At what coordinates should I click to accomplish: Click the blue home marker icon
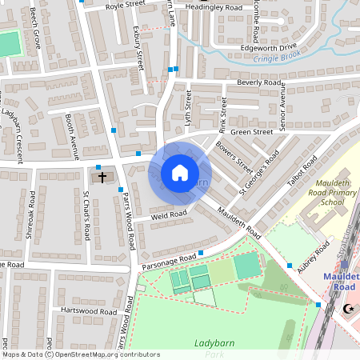pyautogui.click(x=180, y=173)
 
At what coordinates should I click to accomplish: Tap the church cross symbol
pyautogui.click(x=102, y=176)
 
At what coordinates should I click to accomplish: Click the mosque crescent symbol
pyautogui.click(x=347, y=308)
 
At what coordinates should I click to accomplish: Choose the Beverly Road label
pyautogui.click(x=258, y=82)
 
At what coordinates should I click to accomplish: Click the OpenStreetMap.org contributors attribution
pyautogui.click(x=106, y=354)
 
